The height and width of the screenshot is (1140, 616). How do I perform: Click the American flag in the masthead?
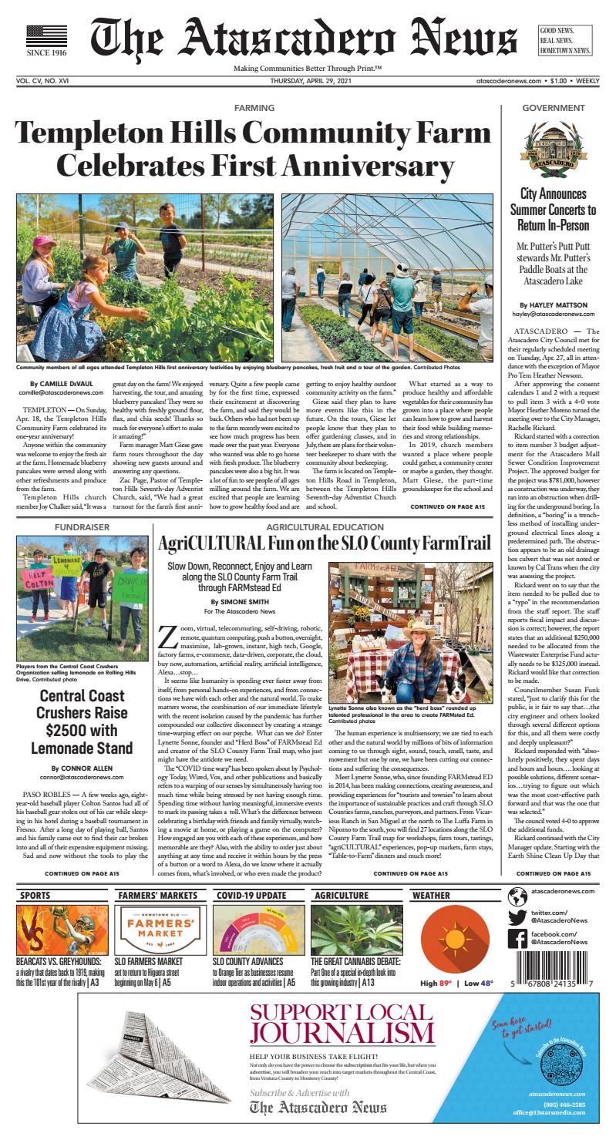46,36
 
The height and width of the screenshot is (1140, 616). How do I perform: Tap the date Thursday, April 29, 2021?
308,80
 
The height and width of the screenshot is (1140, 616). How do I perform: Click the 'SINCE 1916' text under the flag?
46,54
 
